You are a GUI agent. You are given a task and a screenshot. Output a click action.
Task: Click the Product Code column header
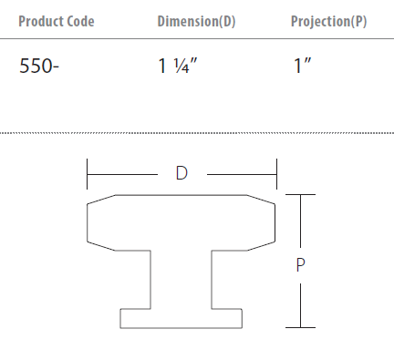57,21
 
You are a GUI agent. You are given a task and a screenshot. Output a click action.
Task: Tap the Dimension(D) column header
196,21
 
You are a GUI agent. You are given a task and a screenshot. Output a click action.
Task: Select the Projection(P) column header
328,21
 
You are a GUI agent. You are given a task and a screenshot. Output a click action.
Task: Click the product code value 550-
39,66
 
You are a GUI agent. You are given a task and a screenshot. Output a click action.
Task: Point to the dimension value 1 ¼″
178,66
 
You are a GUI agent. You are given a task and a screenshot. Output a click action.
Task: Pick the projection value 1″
302,66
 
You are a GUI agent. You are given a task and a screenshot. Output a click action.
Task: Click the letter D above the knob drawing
181,173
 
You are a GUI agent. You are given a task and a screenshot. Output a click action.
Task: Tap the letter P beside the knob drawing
300,265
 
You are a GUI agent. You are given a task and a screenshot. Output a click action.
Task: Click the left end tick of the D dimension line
87,174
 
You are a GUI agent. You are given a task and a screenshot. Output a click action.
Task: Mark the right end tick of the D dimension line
276,174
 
